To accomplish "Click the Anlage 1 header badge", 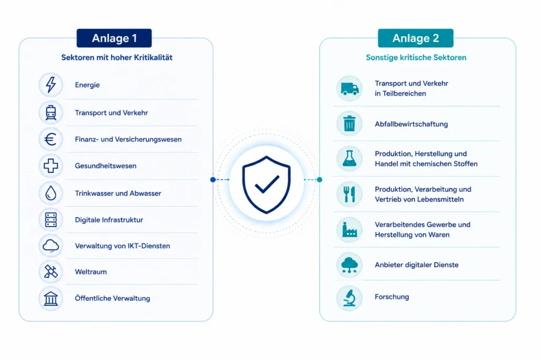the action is tap(114, 38).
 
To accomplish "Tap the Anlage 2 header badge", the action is tap(416, 38).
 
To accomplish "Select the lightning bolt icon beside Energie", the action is tap(51, 85).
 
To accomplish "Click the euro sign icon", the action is tap(51, 139).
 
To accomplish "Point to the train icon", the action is tap(51, 113).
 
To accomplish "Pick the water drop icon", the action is tap(51, 193).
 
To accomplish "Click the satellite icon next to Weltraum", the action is tap(51, 272).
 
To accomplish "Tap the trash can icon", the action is tap(349, 123).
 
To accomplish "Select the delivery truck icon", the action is tap(350, 89).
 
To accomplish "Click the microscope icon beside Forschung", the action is tap(350, 298).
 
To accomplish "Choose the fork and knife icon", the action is tap(349, 194).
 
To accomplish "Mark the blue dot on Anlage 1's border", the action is tap(213, 180).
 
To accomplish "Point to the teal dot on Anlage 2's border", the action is tap(320, 180).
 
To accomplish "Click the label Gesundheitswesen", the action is tap(105, 166).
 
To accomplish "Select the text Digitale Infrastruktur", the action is tap(109, 220).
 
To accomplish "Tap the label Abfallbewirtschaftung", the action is tap(411, 124).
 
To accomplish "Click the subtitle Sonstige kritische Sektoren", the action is tap(416, 57).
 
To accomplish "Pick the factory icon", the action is tap(349, 230).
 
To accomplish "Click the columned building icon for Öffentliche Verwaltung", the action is tap(51, 298).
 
